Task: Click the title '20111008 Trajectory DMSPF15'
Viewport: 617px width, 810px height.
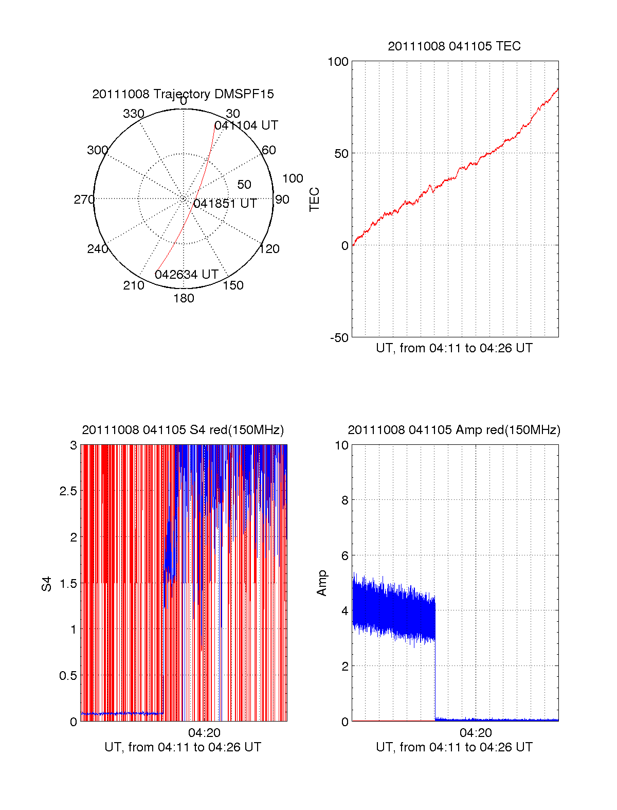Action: tap(183, 94)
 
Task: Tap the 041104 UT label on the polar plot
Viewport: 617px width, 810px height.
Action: tap(246, 125)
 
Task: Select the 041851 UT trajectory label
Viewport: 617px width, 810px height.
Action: tap(225, 204)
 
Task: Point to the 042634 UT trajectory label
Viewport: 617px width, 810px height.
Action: tap(187, 275)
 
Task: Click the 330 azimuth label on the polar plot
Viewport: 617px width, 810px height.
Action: tap(134, 114)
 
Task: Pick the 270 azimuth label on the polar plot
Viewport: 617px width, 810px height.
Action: tap(84, 200)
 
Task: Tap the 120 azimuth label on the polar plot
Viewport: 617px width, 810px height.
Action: tap(269, 249)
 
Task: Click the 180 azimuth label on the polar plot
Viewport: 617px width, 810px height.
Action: tap(184, 298)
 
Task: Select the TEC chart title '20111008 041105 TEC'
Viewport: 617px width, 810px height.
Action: tap(454, 46)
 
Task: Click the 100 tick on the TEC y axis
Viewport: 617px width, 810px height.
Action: tap(338, 62)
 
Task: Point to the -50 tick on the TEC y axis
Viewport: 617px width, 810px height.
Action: tap(339, 338)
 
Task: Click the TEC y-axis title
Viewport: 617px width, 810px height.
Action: tap(314, 200)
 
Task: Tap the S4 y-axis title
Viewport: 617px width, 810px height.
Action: tap(47, 584)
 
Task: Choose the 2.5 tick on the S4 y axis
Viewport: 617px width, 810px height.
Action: tap(68, 491)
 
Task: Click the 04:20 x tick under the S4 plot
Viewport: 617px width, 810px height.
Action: tap(204, 733)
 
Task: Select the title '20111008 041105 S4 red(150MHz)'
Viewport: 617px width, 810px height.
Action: tap(183, 430)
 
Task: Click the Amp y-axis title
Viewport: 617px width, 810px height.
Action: tap(322, 583)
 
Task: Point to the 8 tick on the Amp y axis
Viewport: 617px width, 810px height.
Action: tap(344, 500)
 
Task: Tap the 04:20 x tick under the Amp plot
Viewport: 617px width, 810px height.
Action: tap(476, 733)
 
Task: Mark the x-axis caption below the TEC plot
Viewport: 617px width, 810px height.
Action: tap(454, 348)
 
